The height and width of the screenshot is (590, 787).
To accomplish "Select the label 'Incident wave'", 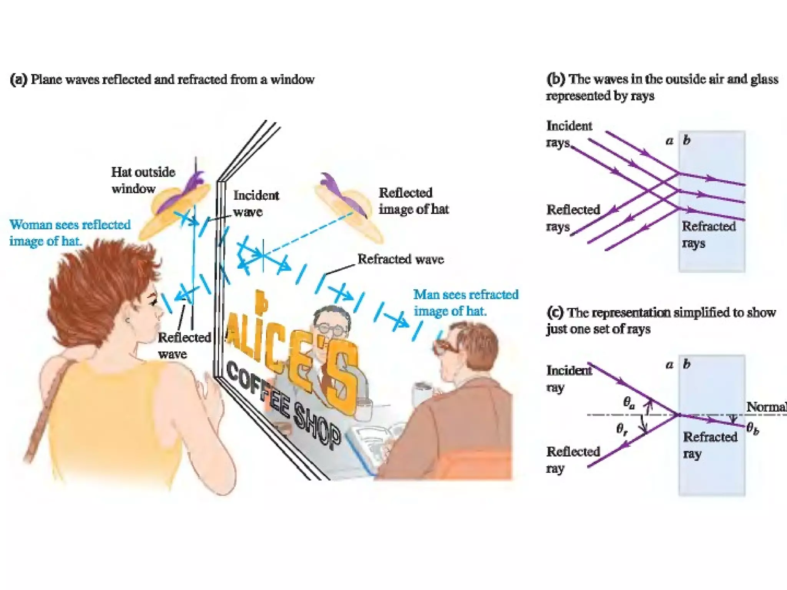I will [x=256, y=204].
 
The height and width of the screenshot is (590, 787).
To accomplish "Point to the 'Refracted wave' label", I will [x=400, y=259].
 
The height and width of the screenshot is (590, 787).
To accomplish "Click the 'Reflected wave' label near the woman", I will [x=184, y=345].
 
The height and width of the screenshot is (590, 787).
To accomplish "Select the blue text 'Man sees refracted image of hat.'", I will [x=465, y=303].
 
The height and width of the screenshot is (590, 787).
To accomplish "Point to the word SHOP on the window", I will [x=317, y=426].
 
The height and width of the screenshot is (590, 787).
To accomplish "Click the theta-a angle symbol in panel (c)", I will [x=629, y=403].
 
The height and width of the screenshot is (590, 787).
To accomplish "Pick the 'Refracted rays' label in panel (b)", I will [x=708, y=234].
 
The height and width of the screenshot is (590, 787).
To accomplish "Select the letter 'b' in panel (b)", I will [x=687, y=140].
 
